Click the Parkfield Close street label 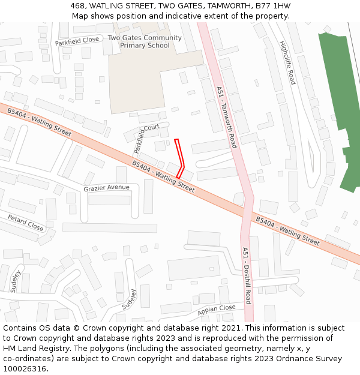point(77,41)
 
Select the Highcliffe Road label point(287,62)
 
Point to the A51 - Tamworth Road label point(226,117)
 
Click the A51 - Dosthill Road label point(246,275)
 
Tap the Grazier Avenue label point(106,188)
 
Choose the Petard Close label point(26,223)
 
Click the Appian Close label point(216,310)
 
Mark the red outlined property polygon point(179,158)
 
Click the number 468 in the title point(77,5)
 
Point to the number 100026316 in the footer point(26,369)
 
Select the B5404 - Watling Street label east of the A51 point(287,231)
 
